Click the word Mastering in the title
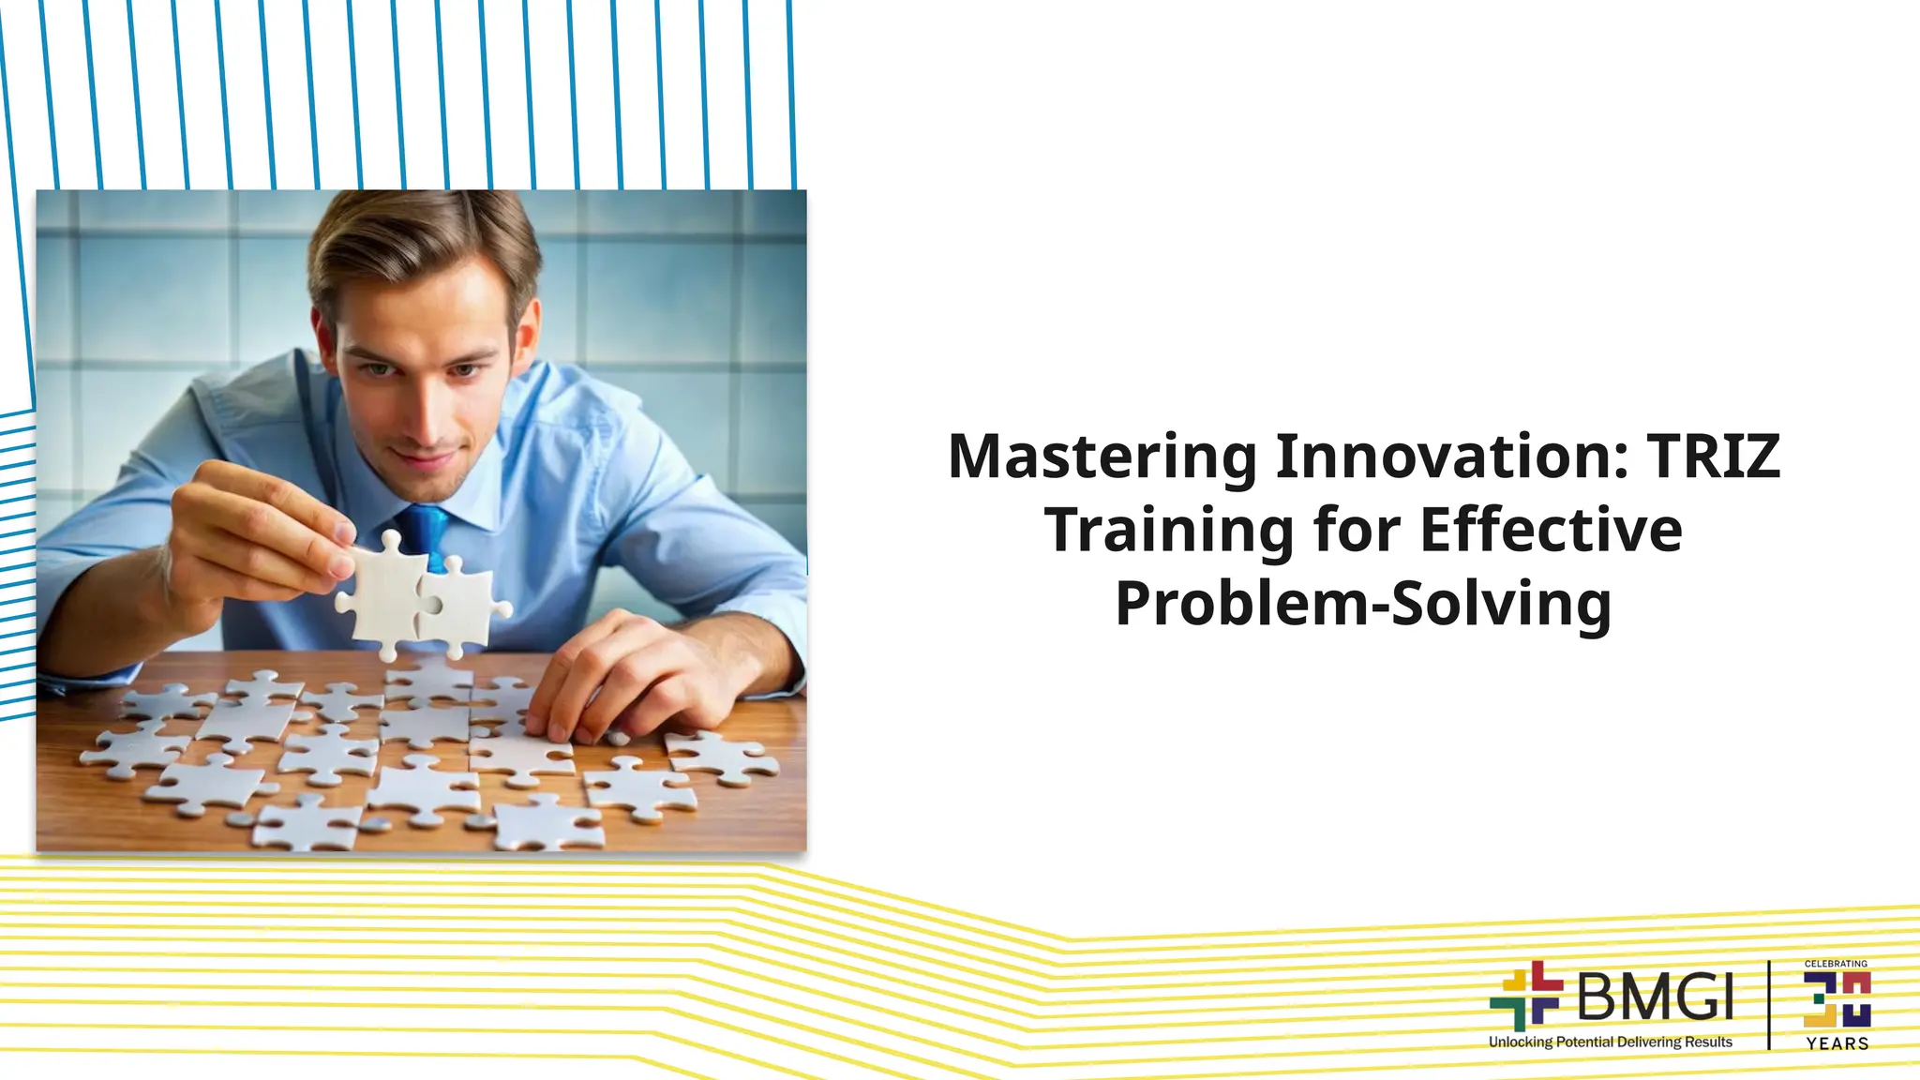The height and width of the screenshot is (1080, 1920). point(1102,457)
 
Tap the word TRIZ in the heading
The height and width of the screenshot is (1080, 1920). point(1713,457)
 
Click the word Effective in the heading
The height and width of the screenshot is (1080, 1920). point(1551,530)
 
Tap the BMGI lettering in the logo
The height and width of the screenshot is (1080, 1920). point(1656,996)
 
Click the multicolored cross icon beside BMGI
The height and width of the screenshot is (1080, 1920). point(1526,995)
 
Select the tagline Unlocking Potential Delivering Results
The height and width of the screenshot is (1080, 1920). point(1610,1042)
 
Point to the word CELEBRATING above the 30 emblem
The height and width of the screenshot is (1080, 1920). point(1836,964)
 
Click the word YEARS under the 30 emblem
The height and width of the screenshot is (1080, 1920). point(1837,1043)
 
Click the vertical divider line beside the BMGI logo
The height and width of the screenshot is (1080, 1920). point(1769,1004)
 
